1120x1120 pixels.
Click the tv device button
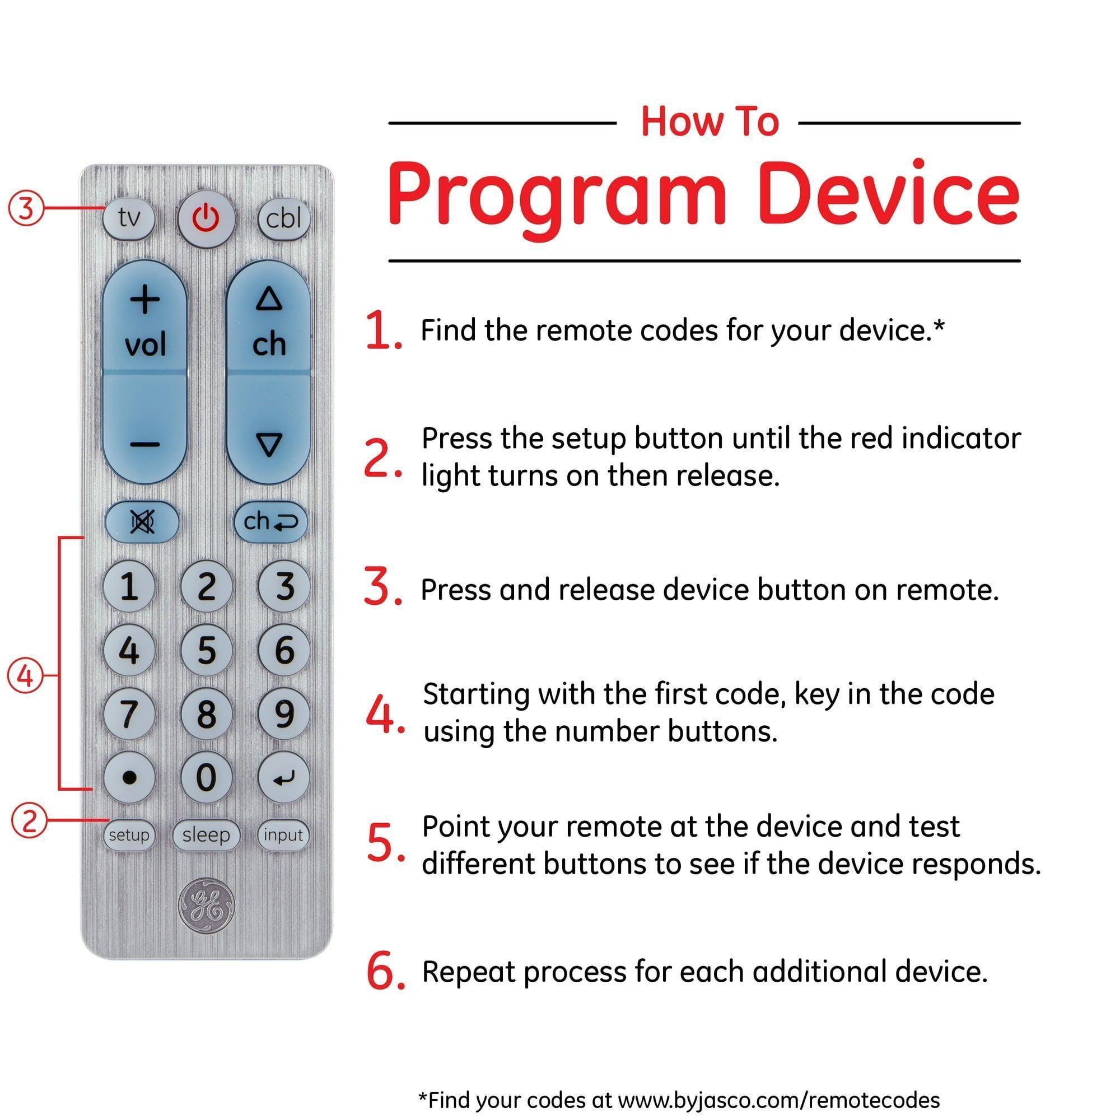tap(129, 218)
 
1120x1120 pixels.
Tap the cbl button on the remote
tap(283, 218)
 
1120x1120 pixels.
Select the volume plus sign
tap(144, 300)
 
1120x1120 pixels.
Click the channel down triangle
tap(268, 445)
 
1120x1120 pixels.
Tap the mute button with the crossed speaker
tap(142, 522)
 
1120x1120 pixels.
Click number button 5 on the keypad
tap(207, 650)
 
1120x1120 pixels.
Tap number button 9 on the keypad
tap(283, 713)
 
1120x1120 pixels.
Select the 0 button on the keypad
tap(207, 777)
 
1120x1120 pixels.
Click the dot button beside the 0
tap(129, 777)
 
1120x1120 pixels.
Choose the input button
tap(283, 835)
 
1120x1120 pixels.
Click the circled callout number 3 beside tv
tap(26, 208)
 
